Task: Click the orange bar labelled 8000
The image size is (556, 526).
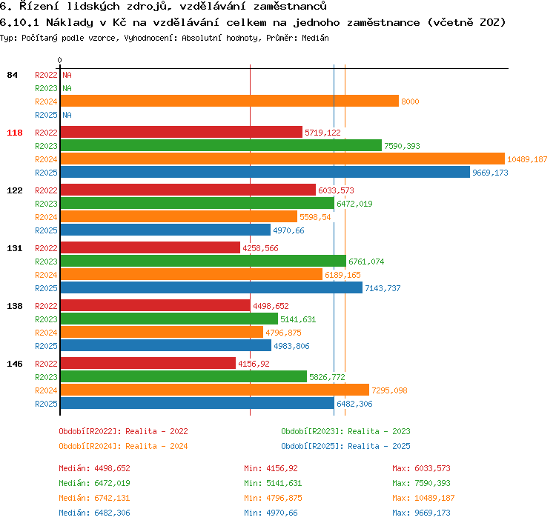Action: tap(229, 101)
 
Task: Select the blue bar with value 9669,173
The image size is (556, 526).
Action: tap(265, 173)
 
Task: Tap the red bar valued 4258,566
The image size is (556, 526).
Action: tap(150, 247)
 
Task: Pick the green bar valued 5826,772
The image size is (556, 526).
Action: tap(184, 376)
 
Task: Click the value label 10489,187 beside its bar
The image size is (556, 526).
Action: tap(527, 159)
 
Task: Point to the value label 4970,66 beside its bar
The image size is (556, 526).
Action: tap(288, 230)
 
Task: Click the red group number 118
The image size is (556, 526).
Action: tap(15, 133)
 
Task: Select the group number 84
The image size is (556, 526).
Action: tap(12, 75)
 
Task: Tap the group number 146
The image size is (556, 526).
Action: tap(15, 364)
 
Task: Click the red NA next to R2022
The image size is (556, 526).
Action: tap(67, 75)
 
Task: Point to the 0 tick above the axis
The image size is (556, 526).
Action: tap(59, 60)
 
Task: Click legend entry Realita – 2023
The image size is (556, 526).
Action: tap(379, 431)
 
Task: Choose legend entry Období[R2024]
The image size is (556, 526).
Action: tap(90, 446)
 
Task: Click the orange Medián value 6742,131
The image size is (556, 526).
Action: tap(112, 498)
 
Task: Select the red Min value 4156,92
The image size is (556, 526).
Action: tap(282, 468)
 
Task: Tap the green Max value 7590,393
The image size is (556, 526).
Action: tap(432, 483)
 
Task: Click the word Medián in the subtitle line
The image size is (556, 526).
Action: tap(315, 38)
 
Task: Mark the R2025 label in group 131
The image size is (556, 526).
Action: tap(46, 288)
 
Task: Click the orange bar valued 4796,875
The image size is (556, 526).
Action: tap(162, 332)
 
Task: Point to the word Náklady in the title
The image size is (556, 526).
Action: tap(70, 22)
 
